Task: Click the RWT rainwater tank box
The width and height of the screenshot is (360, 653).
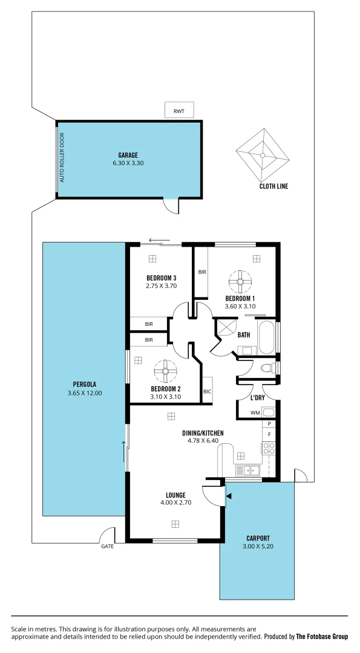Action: pos(179,111)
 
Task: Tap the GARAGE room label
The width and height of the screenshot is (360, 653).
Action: pos(128,155)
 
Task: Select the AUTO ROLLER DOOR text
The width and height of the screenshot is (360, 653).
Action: pos(62,158)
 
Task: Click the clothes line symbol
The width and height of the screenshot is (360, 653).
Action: pos(263,155)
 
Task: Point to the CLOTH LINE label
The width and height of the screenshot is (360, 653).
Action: pos(273,186)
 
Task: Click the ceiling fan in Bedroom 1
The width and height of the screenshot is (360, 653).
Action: pos(240,280)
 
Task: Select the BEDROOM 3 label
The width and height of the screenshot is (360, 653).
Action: pos(161,278)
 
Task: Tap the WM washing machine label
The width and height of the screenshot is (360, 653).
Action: pos(255,413)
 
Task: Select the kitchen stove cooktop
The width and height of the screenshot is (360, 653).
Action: pos(268,448)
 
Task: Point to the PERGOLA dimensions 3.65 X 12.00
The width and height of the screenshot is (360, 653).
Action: pos(85,393)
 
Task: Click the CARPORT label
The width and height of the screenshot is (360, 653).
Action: pos(258,538)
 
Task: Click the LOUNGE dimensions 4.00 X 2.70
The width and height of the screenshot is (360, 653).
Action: pos(175,502)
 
